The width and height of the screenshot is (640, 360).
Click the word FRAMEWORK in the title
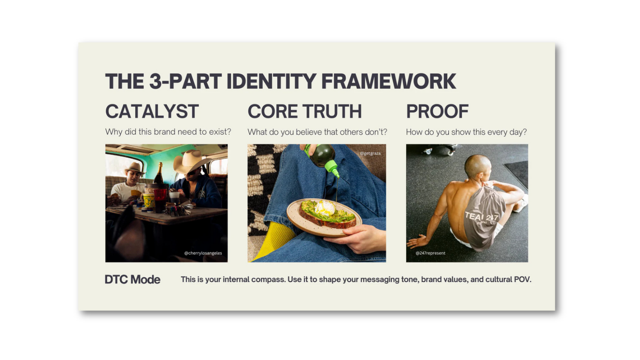[389, 81]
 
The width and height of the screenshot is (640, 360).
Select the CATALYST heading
[152, 111]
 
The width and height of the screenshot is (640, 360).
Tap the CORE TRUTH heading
[305, 111]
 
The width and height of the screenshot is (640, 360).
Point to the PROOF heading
[437, 111]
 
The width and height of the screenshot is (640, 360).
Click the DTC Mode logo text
[133, 279]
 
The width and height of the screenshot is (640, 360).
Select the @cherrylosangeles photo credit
[203, 253]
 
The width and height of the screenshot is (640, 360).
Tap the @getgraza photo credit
[370, 154]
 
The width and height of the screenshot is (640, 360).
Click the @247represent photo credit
[430, 253]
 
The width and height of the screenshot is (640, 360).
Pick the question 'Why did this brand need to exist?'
[168, 132]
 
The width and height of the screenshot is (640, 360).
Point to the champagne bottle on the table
[159, 174]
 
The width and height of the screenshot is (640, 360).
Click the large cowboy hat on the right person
[192, 161]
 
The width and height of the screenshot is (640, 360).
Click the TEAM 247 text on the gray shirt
[481, 217]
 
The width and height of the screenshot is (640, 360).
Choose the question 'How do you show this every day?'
[466, 132]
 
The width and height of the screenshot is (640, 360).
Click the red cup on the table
[160, 200]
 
